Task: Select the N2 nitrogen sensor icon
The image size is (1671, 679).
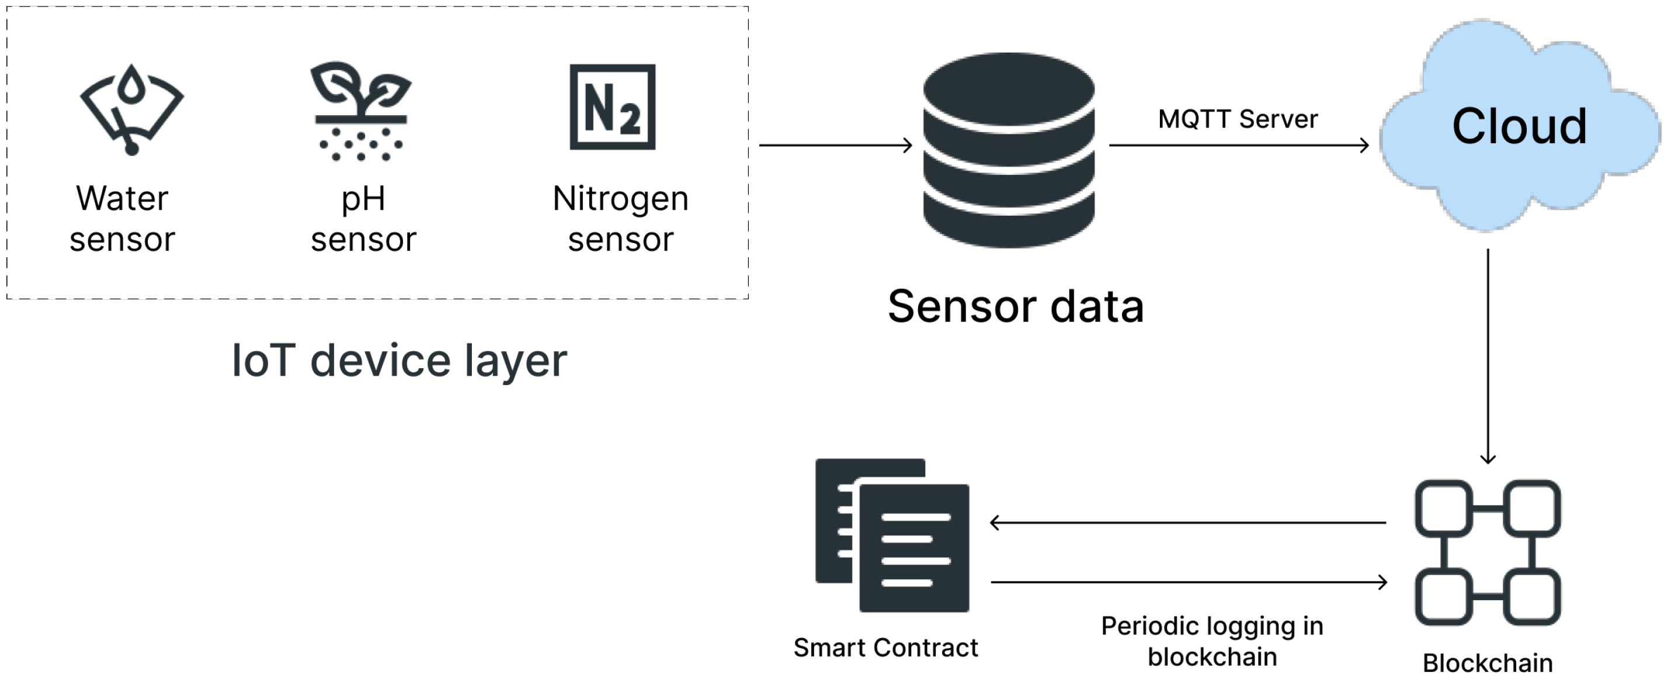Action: click(x=612, y=107)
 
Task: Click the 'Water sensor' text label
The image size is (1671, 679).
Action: click(x=122, y=219)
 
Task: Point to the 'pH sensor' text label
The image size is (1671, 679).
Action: click(x=363, y=219)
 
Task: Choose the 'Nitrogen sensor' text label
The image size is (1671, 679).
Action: click(x=620, y=219)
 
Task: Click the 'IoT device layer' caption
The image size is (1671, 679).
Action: click(x=399, y=361)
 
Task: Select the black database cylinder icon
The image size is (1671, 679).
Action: click(x=1009, y=150)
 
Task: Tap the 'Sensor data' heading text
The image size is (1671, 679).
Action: click(x=1015, y=306)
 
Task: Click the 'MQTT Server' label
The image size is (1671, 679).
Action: click(x=1238, y=119)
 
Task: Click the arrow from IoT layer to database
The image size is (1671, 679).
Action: click(x=835, y=145)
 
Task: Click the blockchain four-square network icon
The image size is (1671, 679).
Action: click(x=1488, y=552)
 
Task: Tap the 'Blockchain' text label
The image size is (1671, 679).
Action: click(x=1488, y=663)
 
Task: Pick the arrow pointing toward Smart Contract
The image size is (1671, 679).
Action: click(x=1187, y=522)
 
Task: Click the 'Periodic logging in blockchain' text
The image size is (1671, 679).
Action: click(x=1212, y=642)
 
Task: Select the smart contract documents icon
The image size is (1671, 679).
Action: click(x=892, y=535)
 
